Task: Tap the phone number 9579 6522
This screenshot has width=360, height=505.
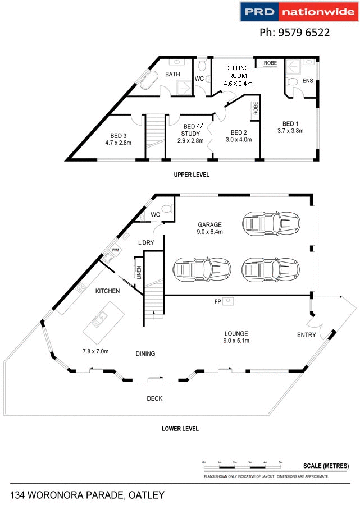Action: (x=294, y=33)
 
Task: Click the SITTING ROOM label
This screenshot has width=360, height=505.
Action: (x=238, y=75)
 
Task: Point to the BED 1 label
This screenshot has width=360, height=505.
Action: (x=290, y=127)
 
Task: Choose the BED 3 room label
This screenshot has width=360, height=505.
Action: (x=118, y=139)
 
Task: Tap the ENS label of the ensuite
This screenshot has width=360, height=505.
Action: (x=307, y=81)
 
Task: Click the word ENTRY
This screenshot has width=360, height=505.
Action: (x=306, y=336)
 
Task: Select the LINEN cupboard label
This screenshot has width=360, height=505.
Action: (x=138, y=272)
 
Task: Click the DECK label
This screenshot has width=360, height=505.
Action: (x=154, y=398)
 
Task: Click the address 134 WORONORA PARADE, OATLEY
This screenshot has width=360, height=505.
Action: (x=88, y=494)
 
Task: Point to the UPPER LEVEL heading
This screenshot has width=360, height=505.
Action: (x=191, y=175)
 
